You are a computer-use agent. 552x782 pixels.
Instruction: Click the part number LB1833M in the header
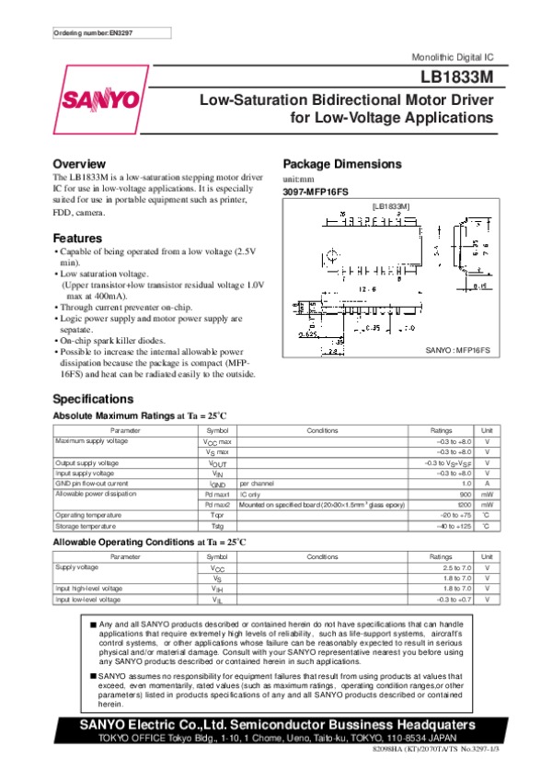click(x=457, y=78)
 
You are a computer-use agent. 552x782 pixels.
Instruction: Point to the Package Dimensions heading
click(x=341, y=163)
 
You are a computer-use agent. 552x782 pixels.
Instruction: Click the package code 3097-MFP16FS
click(x=316, y=191)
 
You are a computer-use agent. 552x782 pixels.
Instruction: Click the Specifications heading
click(x=95, y=399)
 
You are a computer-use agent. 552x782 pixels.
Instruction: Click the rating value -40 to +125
click(x=454, y=525)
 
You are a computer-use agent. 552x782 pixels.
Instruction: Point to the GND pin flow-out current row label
click(x=92, y=483)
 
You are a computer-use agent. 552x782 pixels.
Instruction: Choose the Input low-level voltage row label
click(x=87, y=600)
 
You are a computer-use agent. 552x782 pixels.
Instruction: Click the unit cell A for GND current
click(x=487, y=483)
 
